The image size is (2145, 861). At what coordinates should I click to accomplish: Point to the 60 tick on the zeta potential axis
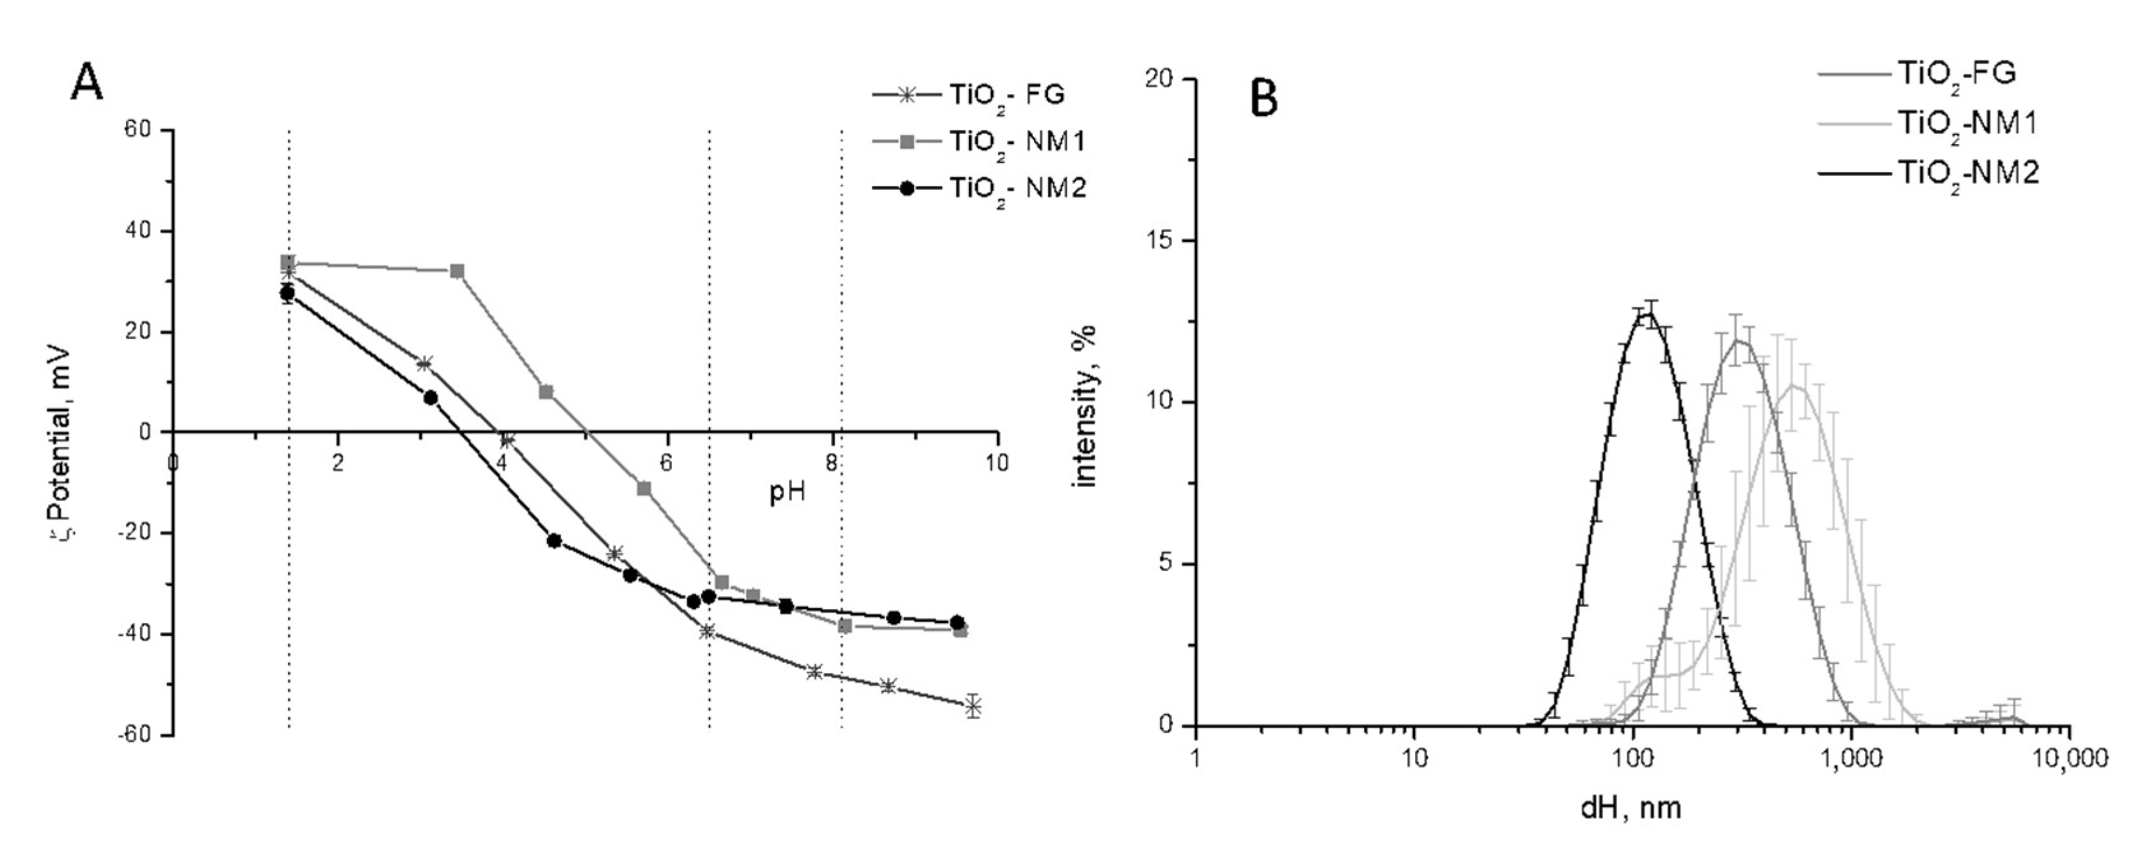(x=138, y=130)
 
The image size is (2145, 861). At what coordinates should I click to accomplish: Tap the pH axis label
(x=787, y=493)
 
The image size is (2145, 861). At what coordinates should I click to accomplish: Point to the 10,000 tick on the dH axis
(x=2069, y=758)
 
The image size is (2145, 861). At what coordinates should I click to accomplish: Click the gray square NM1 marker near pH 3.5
(x=457, y=271)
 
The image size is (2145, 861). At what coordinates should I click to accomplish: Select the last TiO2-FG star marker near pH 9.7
(x=973, y=705)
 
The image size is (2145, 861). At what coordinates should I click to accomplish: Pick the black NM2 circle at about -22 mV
(x=554, y=540)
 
